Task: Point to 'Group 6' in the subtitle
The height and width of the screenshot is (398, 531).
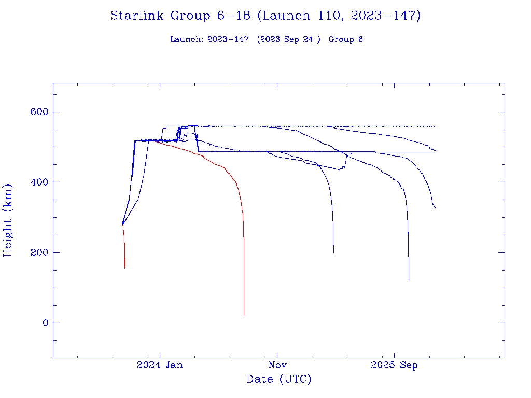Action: pyautogui.click(x=345, y=39)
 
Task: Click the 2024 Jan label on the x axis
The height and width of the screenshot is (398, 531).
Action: pyautogui.click(x=160, y=365)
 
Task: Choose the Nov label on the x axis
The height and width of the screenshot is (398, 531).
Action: pyautogui.click(x=277, y=365)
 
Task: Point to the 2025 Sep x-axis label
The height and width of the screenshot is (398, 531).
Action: pyautogui.click(x=394, y=365)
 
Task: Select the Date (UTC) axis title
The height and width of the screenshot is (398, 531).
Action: pyautogui.click(x=279, y=380)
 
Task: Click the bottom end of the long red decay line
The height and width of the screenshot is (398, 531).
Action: pyautogui.click(x=244, y=315)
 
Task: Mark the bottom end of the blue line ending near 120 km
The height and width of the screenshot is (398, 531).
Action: pyautogui.click(x=409, y=280)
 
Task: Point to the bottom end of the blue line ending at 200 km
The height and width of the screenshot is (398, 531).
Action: pyautogui.click(x=333, y=252)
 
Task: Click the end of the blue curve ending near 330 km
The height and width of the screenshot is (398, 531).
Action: pyautogui.click(x=436, y=208)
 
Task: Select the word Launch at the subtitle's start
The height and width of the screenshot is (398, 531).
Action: pyautogui.click(x=185, y=39)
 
